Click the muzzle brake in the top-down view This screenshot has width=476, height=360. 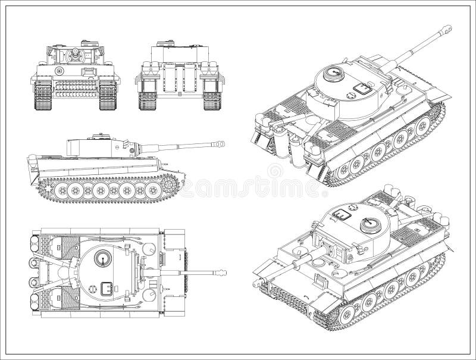222,273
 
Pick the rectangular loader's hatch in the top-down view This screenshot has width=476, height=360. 108,287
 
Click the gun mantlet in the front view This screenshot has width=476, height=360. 74,56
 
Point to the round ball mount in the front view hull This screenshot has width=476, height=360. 59,71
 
